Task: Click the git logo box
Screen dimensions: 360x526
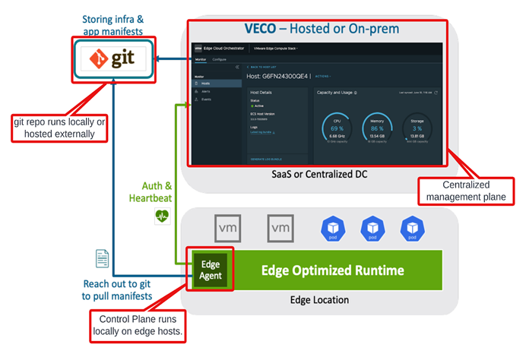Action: click(x=112, y=58)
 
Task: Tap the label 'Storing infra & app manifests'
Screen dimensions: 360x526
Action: click(x=112, y=25)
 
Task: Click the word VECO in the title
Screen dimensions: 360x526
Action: click(x=266, y=29)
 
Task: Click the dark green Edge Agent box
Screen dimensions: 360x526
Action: click(x=210, y=270)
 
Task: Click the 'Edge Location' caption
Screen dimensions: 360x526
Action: click(x=319, y=300)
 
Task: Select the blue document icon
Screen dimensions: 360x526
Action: click(x=102, y=258)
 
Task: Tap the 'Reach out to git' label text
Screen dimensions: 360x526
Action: click(x=116, y=289)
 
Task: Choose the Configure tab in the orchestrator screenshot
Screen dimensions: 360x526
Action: click(x=219, y=58)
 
